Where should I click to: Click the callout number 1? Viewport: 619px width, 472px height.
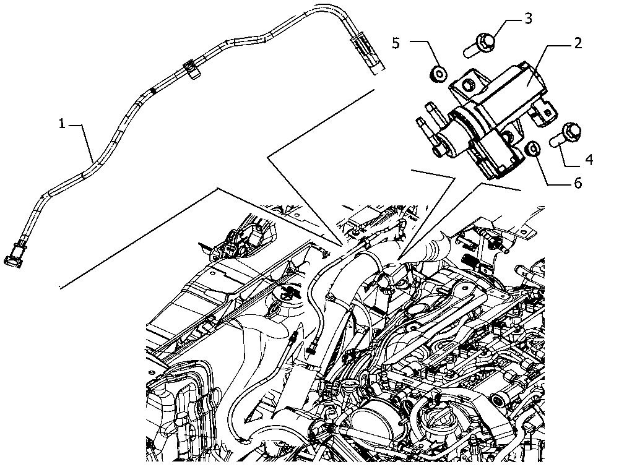pos(62,124)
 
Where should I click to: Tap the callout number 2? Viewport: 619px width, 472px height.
pos(577,43)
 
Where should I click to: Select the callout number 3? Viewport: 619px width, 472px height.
pos(527,18)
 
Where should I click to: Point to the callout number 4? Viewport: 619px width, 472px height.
pos(588,160)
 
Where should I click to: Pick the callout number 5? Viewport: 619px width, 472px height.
pos(397,43)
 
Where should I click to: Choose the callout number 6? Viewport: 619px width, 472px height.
pos(577,183)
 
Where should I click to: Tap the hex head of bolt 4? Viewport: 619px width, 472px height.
pos(571,131)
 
